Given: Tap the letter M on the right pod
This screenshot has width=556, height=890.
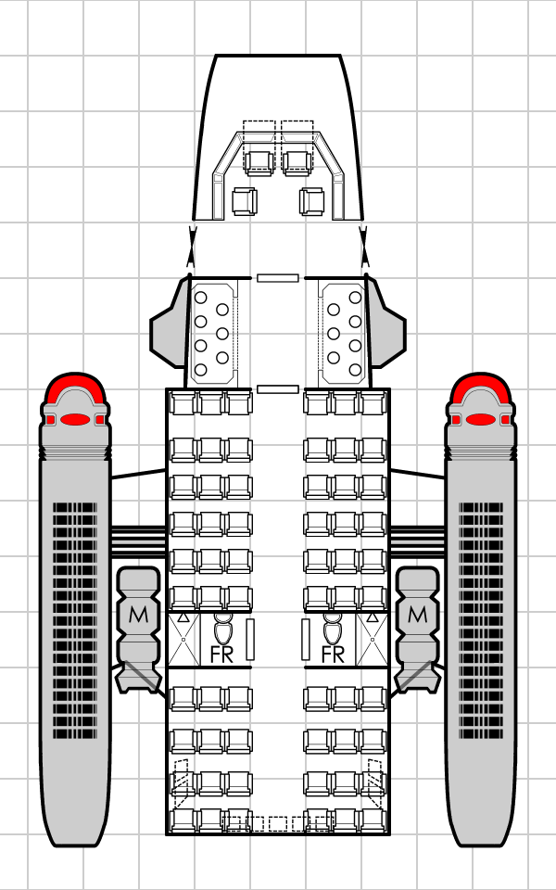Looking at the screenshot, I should click(417, 614).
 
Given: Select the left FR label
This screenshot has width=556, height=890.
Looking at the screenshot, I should click(222, 655).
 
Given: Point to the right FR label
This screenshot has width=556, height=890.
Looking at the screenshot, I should click(334, 655).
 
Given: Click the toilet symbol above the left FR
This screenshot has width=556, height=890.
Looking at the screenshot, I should click(222, 629).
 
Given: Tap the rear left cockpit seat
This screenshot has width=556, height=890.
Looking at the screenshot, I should click(245, 201).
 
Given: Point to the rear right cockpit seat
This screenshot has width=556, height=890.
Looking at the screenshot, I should click(311, 201).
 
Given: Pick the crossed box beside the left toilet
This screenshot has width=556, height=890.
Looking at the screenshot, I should click(183, 639).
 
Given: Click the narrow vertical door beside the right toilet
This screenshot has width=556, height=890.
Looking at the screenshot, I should click(306, 639).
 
